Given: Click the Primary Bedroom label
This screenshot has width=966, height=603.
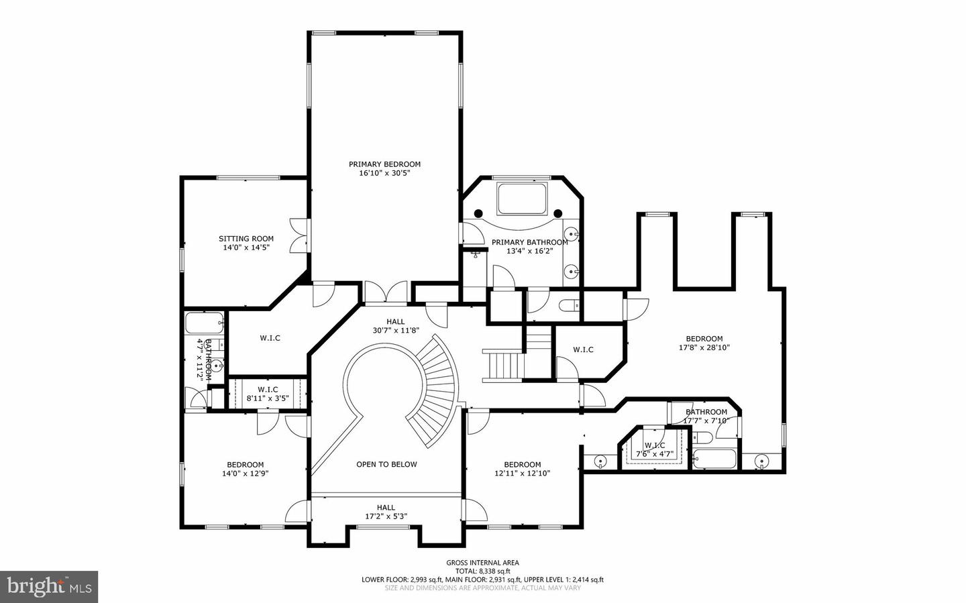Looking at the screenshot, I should [x=384, y=164].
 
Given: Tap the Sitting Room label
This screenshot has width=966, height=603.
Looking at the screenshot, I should [x=246, y=239].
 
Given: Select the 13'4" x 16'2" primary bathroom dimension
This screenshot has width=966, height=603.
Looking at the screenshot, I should [x=529, y=252].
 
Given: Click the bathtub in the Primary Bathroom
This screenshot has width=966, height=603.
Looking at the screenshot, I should [x=523, y=197].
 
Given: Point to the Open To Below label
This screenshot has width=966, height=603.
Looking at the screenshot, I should [x=386, y=464].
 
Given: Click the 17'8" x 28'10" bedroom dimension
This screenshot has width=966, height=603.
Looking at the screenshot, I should [x=704, y=348].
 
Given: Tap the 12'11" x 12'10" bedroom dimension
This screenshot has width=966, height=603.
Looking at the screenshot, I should [x=522, y=474].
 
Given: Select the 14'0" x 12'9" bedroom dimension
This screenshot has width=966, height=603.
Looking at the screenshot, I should [x=245, y=474].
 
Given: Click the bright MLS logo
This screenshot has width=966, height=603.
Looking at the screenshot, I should [x=49, y=587].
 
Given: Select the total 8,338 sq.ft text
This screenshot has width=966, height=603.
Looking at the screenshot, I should [x=482, y=571].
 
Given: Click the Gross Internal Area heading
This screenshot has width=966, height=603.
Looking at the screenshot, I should [x=482, y=563].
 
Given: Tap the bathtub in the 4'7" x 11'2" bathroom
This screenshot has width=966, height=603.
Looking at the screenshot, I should [x=204, y=323].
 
